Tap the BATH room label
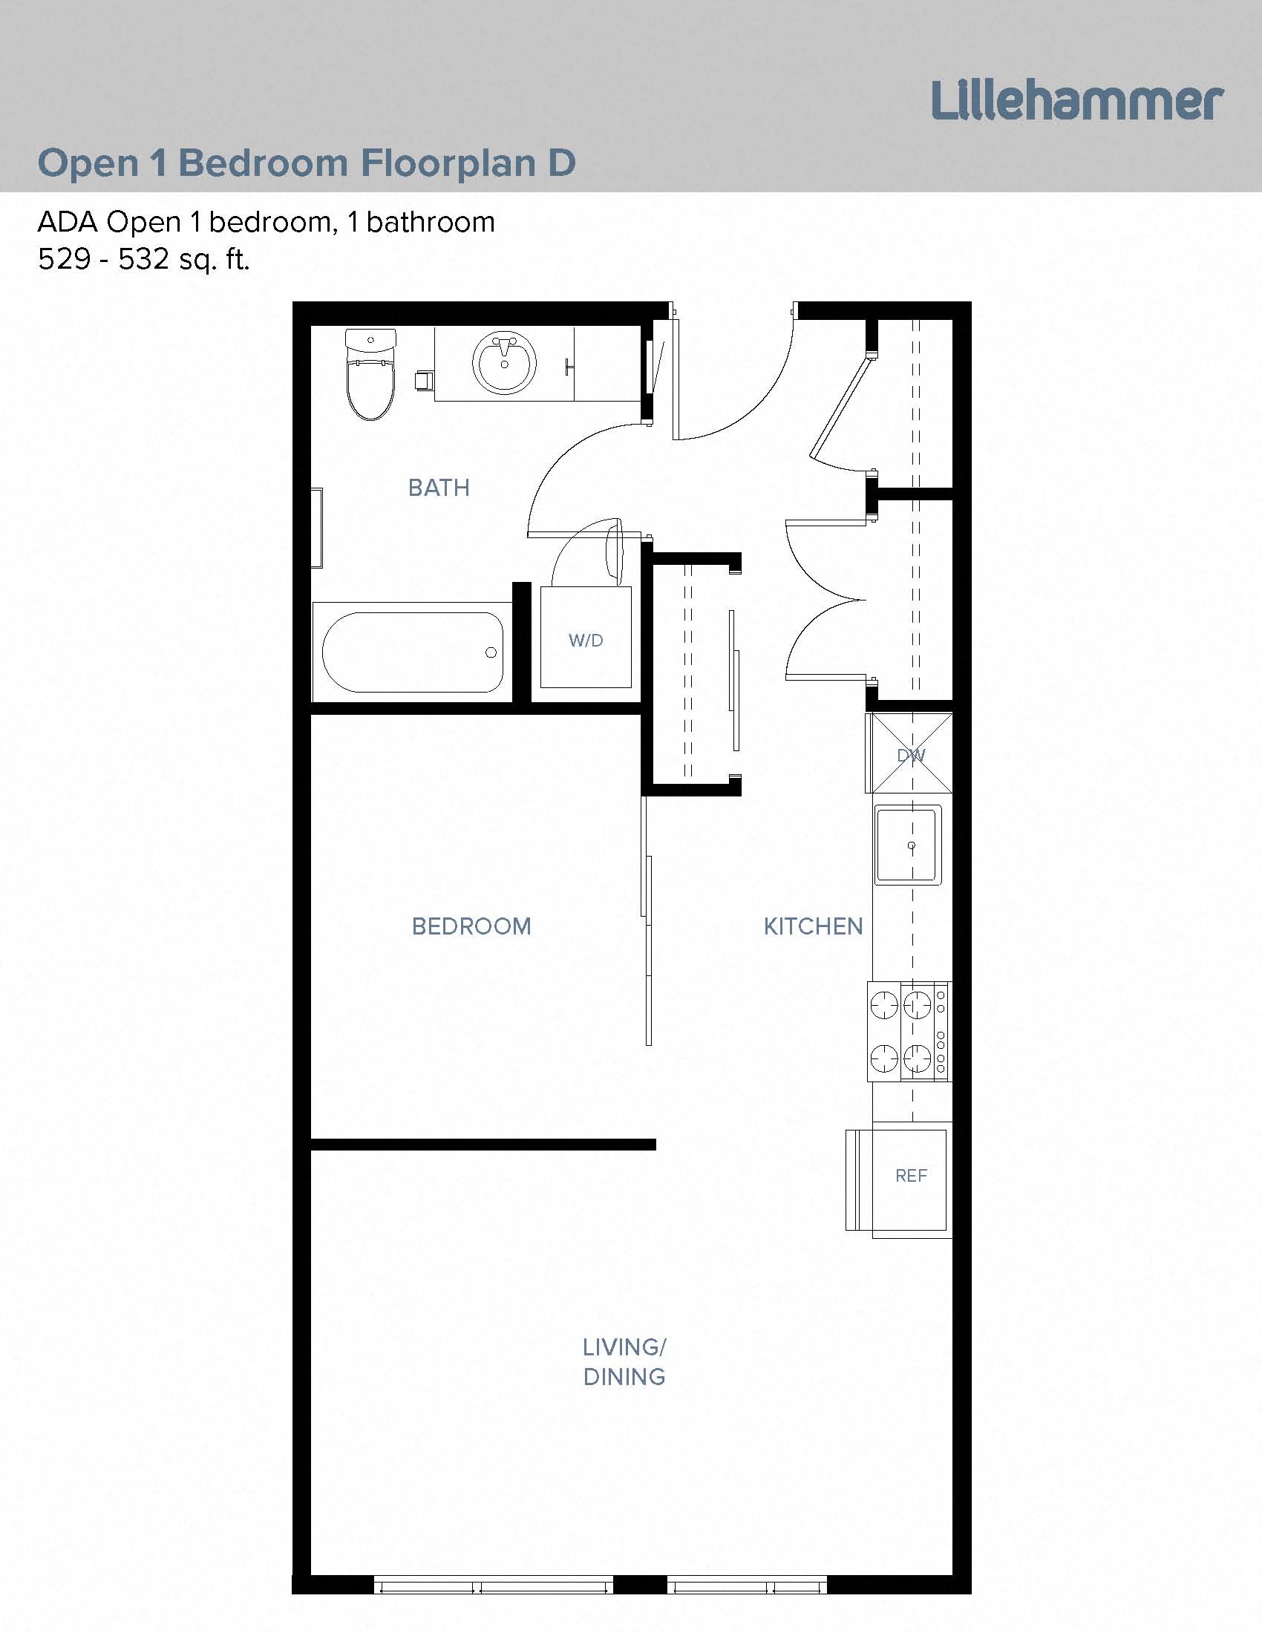439,488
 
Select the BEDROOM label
471,926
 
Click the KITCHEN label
813,926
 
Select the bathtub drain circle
491,652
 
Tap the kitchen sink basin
909,845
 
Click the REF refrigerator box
911,1176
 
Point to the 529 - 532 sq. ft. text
143,260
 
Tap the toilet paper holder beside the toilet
422,380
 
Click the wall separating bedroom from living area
483,1145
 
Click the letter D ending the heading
561,163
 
